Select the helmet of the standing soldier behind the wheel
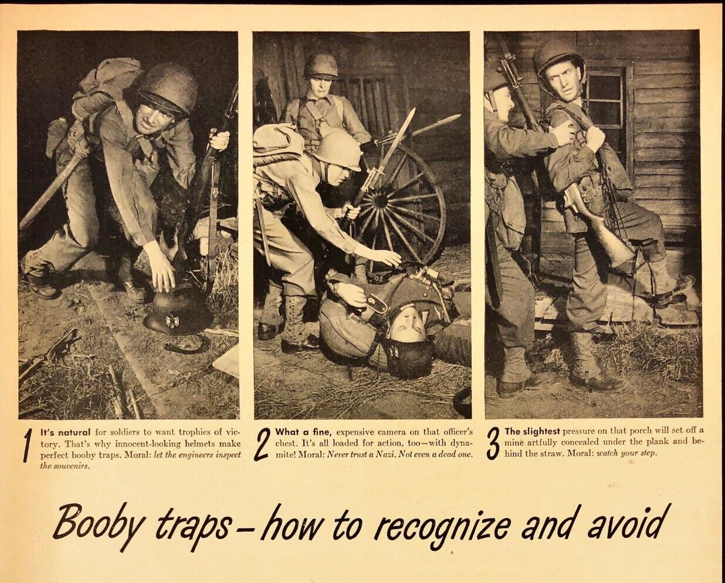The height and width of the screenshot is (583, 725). tap(320, 65)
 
